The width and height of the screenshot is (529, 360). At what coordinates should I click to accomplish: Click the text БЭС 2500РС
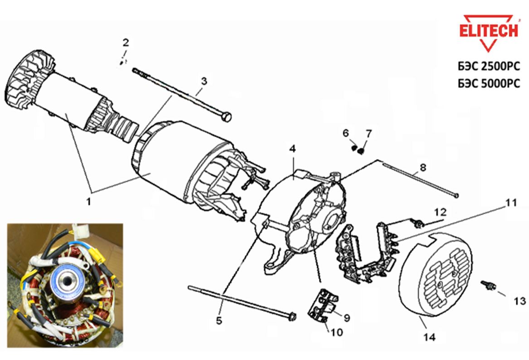tap(489, 66)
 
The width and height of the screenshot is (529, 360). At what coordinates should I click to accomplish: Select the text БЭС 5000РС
tap(489, 84)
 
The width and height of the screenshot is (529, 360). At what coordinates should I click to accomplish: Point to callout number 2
tap(126, 43)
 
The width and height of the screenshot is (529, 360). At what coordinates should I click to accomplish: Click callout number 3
tap(204, 82)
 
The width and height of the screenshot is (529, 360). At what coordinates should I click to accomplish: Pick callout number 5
tap(219, 321)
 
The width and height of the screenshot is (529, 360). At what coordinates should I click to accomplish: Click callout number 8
tap(422, 168)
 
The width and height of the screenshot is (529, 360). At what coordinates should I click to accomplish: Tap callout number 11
tap(511, 203)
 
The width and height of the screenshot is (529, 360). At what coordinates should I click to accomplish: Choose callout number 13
tap(519, 301)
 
